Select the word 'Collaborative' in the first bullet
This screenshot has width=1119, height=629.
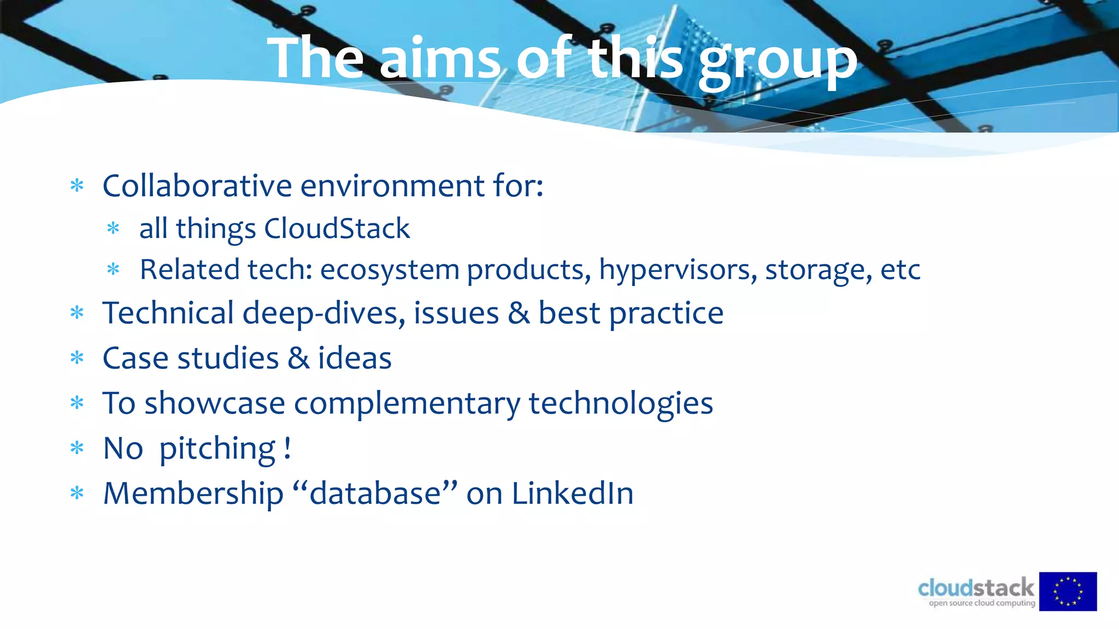pyautogui.click(x=197, y=186)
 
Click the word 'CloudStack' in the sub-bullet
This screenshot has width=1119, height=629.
pyautogui.click(x=337, y=228)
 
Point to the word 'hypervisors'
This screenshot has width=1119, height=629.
pyautogui.click(x=678, y=270)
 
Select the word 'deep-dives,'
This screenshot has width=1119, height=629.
pyautogui.click(x=323, y=313)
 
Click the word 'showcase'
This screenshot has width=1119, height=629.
pyautogui.click(x=214, y=403)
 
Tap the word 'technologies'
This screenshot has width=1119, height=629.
pyautogui.click(x=621, y=403)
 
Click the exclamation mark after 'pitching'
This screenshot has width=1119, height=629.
pyautogui.click(x=287, y=448)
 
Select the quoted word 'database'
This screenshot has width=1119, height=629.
pyautogui.click(x=375, y=494)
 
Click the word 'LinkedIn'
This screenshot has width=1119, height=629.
pyautogui.click(x=572, y=494)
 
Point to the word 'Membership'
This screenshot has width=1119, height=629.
pyautogui.click(x=193, y=494)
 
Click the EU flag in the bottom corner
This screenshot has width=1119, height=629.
pyautogui.click(x=1068, y=591)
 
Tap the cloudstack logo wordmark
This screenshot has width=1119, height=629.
pyautogui.click(x=976, y=589)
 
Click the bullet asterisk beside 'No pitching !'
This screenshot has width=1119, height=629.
pyautogui.click(x=77, y=449)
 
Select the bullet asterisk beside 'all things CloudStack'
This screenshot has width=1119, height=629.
pyautogui.click(x=113, y=228)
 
